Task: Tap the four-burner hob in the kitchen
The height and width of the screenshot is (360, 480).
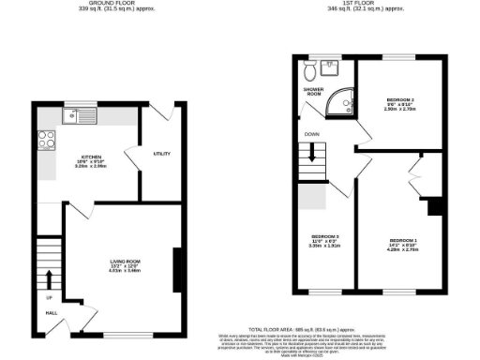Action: [44, 141]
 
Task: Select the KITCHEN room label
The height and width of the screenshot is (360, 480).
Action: [91, 157]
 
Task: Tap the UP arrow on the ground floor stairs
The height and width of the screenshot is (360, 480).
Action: [47, 279]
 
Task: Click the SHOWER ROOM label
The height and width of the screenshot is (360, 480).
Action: [313, 91]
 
